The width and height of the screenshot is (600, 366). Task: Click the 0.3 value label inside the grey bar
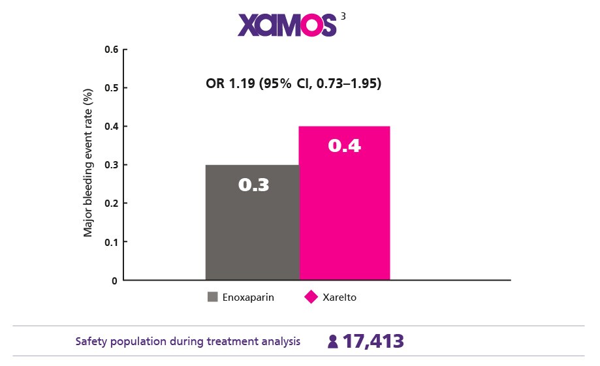(253, 185)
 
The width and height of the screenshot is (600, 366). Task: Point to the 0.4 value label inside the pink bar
(344, 146)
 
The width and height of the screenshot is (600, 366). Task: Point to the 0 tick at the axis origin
(115, 281)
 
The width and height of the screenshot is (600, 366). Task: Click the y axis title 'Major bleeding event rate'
(87, 164)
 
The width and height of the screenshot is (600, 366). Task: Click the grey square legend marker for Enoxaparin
(212, 297)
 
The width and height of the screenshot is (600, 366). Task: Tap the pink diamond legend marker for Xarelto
(311, 297)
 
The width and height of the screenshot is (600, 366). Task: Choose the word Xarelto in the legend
(339, 297)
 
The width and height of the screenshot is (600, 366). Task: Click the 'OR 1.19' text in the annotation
(231, 84)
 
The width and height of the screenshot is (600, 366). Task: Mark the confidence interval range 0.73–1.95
(349, 84)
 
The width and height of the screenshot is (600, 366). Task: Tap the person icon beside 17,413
(333, 342)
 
